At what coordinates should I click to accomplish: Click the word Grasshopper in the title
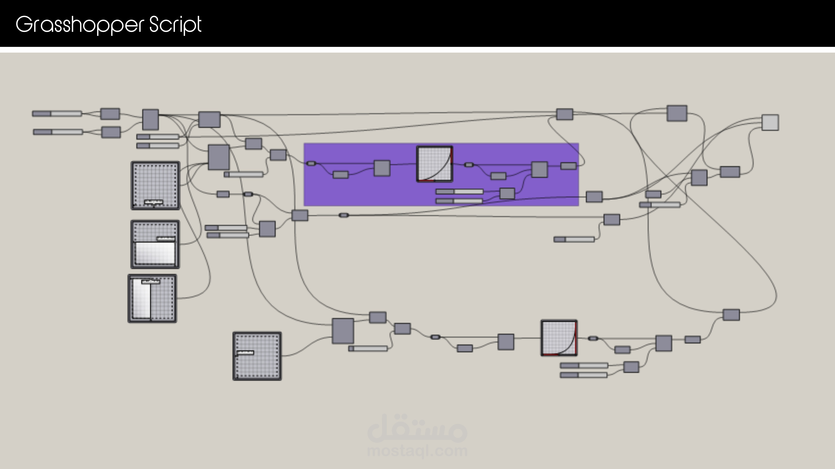(x=79, y=25)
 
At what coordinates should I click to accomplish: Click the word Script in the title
(x=175, y=25)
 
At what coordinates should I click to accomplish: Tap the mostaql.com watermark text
(x=417, y=451)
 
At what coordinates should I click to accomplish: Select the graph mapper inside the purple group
(x=434, y=164)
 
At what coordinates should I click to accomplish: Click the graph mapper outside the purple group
(x=559, y=338)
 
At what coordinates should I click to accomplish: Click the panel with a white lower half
(x=155, y=244)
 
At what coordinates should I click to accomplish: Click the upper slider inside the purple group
(x=459, y=192)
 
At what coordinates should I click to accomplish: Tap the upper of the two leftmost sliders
(x=57, y=114)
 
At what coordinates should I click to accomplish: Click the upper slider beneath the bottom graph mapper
(x=584, y=365)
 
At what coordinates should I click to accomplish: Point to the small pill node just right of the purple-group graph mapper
(x=469, y=165)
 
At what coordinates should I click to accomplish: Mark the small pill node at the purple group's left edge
(x=311, y=163)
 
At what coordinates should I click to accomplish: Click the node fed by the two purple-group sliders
(x=507, y=194)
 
